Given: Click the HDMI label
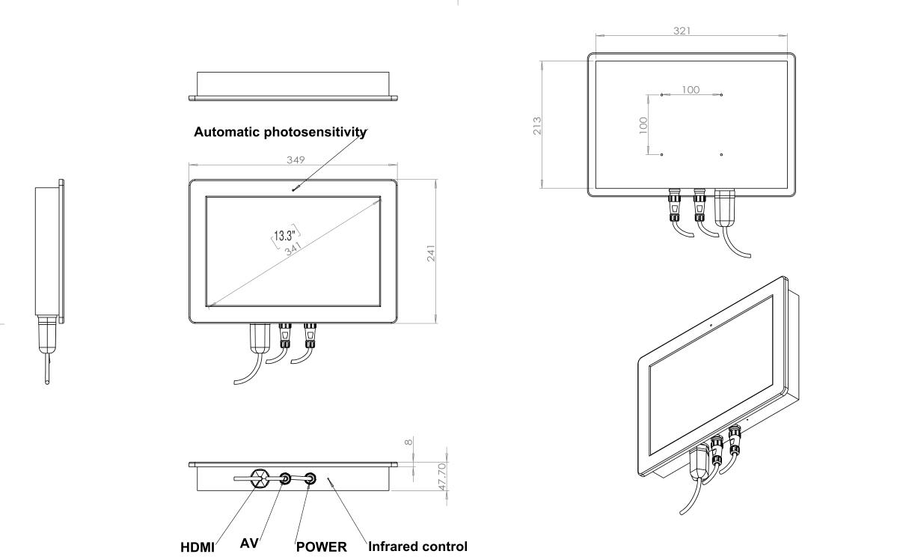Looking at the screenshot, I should point(198,547).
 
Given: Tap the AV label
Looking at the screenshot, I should point(249,544).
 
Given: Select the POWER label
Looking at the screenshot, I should point(322,547).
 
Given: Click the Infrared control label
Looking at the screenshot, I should point(417,547).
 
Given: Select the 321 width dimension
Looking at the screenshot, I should point(682,31).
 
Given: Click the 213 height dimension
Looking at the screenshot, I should point(536,124).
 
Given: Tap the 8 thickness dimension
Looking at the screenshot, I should point(408,442).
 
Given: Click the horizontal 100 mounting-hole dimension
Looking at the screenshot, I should point(691,90).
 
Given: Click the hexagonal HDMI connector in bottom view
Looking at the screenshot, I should point(260,478).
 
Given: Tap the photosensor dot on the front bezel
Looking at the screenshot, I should point(294,189).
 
